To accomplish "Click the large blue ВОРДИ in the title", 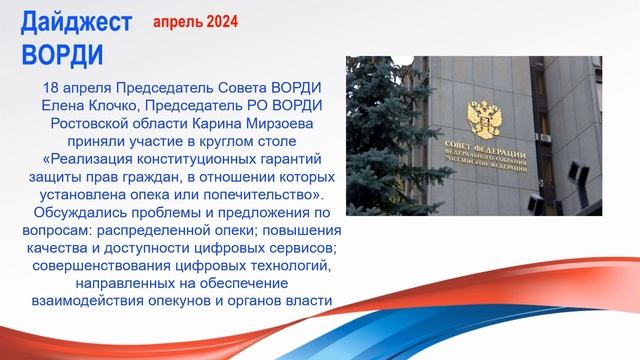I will pyautogui.click(x=61, y=51).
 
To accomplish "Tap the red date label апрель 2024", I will pyautogui.click(x=195, y=20).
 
